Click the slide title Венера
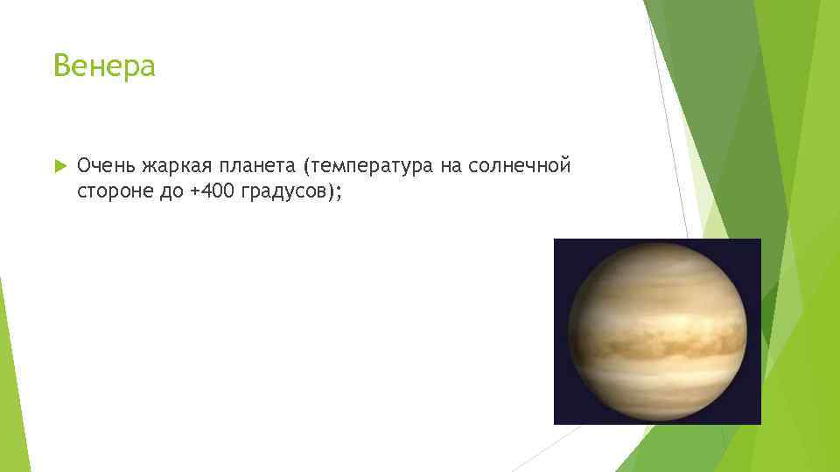104,66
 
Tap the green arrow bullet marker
59,165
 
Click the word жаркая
180,165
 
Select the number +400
209,191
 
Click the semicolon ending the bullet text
338,193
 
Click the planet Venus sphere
657,331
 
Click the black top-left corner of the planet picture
562,246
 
